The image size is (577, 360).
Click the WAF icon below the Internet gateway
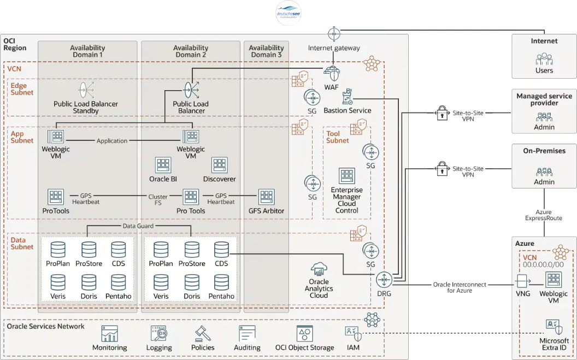click(x=332, y=73)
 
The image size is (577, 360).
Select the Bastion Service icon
click(x=347, y=98)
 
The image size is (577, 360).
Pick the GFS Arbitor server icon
click(x=266, y=197)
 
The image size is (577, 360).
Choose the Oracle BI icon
click(x=163, y=165)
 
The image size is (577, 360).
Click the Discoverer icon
click(x=219, y=165)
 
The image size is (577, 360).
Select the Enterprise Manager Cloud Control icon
click(x=347, y=176)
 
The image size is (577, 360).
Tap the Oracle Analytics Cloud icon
click(x=319, y=269)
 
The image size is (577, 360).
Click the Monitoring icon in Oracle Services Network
click(x=109, y=334)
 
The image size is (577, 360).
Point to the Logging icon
click(x=158, y=334)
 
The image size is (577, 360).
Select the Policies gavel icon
click(x=203, y=334)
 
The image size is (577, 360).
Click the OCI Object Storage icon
click(x=304, y=334)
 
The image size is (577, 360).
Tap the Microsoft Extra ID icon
click(x=554, y=327)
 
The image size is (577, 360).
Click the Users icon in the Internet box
click(x=544, y=59)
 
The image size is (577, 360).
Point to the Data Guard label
click(x=138, y=226)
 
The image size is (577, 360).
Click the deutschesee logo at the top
click(x=288, y=13)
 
